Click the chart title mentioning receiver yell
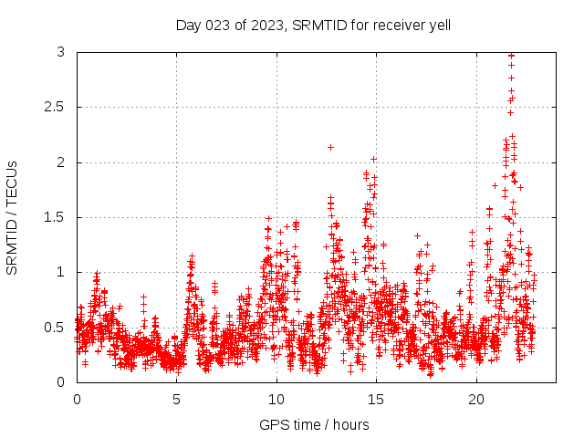(313, 25)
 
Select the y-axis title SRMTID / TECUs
(13, 217)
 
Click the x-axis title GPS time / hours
(314, 424)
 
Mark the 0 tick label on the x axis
(77, 400)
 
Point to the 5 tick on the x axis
(177, 400)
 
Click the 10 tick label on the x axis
(276, 400)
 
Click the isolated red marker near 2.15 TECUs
(330, 147)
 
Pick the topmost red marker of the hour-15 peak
(373, 159)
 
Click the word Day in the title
(188, 25)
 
